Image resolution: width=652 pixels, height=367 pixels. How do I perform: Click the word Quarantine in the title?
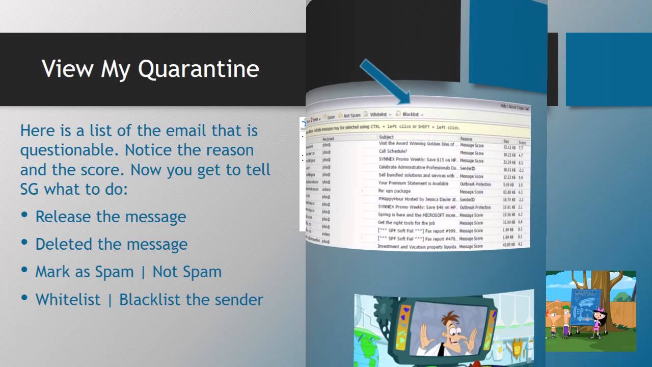point(198,69)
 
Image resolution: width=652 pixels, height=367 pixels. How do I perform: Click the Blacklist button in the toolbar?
point(410,115)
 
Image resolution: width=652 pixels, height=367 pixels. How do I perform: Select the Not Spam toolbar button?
point(351,116)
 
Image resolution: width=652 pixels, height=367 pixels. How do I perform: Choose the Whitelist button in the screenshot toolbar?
point(379,115)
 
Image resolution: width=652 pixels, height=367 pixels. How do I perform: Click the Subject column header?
point(387,137)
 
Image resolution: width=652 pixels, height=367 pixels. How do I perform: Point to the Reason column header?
point(466,139)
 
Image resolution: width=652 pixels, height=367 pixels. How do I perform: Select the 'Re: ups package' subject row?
point(394,191)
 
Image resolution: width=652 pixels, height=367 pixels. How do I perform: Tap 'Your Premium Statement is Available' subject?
point(413,183)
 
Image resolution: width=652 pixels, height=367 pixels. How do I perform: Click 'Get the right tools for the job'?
point(406,223)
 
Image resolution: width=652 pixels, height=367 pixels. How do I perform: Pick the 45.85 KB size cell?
point(509,245)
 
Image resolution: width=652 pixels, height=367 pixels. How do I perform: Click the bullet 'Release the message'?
point(111,217)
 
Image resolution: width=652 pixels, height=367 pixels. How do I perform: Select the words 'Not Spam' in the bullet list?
point(187,272)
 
